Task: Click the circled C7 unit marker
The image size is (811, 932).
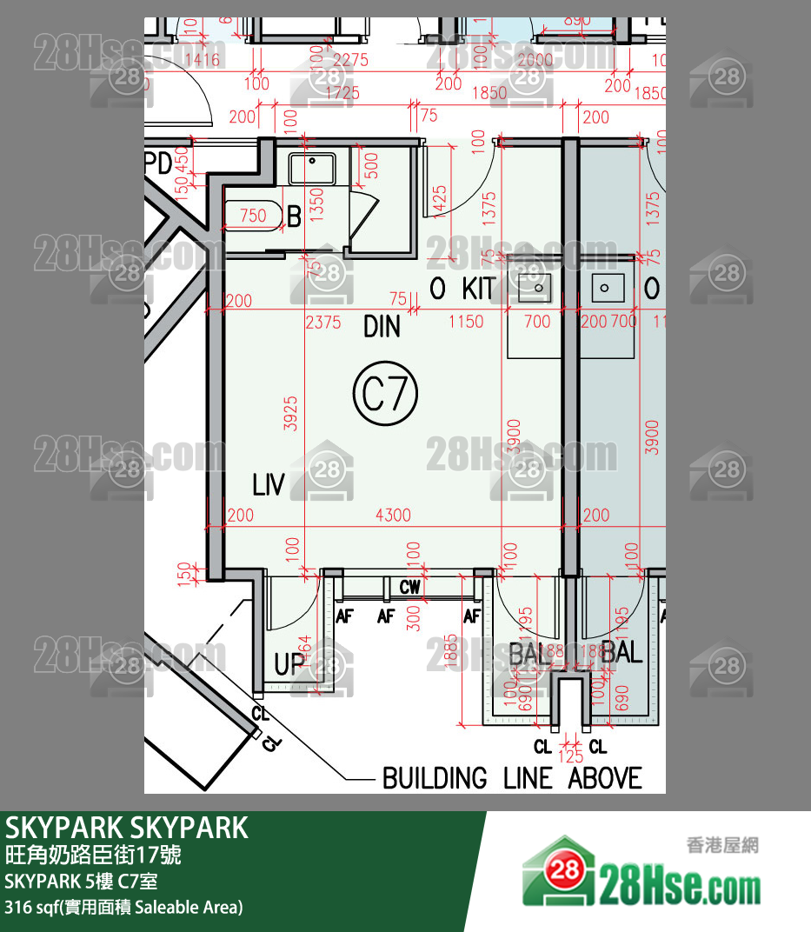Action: pos(385,395)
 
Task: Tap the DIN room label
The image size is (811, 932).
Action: pos(382,327)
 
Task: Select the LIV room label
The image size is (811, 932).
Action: pos(269,485)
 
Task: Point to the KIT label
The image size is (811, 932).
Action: pos(478,289)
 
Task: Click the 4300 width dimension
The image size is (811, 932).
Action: pos(393,516)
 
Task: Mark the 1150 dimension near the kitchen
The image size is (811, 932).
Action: pos(466,322)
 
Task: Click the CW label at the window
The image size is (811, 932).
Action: pos(410,588)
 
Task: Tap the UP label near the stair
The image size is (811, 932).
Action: pos(290,665)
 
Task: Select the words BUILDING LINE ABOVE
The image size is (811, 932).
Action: pos(512,777)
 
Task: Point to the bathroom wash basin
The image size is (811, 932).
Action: pos(312,167)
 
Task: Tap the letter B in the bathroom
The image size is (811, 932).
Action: pos(294,217)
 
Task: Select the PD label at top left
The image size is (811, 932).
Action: pos(158,162)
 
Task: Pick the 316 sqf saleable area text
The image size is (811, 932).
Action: pos(123,908)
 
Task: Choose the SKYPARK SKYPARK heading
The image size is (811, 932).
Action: pos(127,828)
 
